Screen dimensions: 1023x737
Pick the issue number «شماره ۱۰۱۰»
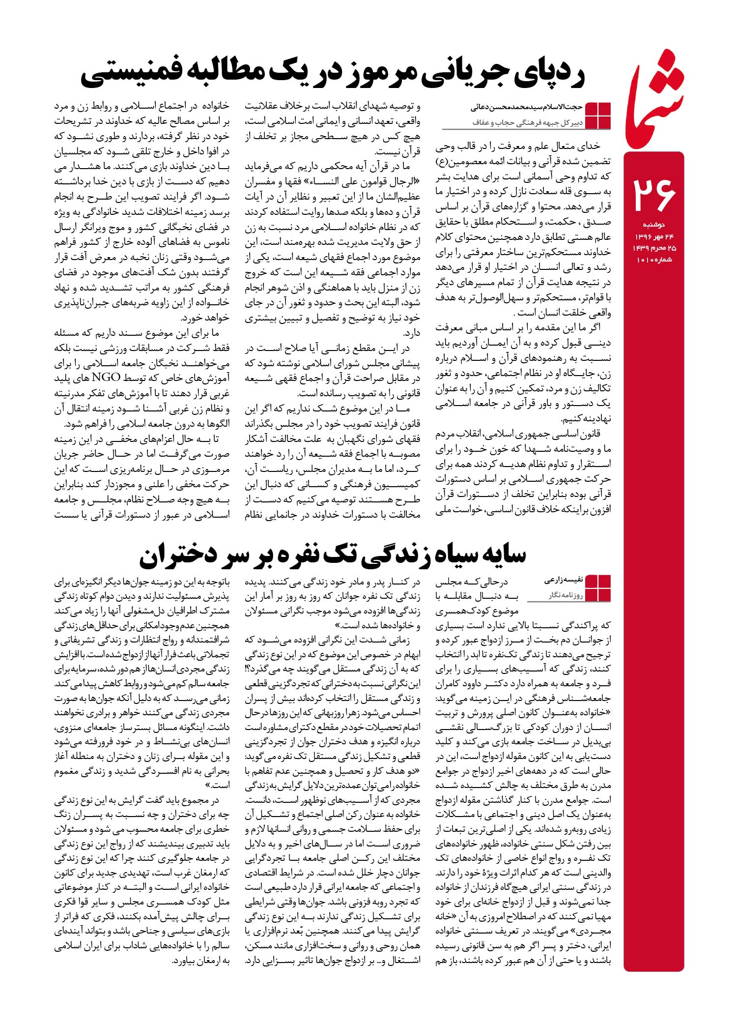point(654,260)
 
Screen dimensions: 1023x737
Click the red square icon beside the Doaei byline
point(598,115)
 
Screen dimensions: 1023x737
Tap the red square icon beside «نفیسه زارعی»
point(598,588)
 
